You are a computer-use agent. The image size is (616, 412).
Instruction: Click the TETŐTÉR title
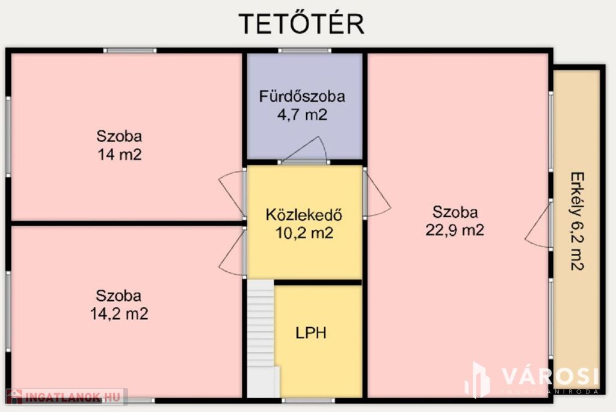tap(301, 23)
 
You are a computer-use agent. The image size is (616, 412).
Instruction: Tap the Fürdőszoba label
tap(302, 96)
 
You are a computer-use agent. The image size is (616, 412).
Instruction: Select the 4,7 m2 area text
tap(302, 115)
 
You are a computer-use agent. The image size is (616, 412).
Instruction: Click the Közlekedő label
tap(304, 215)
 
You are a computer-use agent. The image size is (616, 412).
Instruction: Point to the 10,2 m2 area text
tap(304, 233)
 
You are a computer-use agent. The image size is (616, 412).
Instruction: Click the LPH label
tap(311, 333)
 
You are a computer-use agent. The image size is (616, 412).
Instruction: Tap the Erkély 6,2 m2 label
tap(577, 221)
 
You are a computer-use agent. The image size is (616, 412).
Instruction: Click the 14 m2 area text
tap(120, 155)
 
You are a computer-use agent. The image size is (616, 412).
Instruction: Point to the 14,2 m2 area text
tap(119, 314)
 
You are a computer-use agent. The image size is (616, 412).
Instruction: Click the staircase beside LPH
tap(261, 339)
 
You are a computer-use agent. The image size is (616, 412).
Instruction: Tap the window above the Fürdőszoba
tap(305, 51)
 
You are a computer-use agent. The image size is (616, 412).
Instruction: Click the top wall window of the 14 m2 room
tap(130, 51)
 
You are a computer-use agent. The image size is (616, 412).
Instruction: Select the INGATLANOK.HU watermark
tap(67, 397)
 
